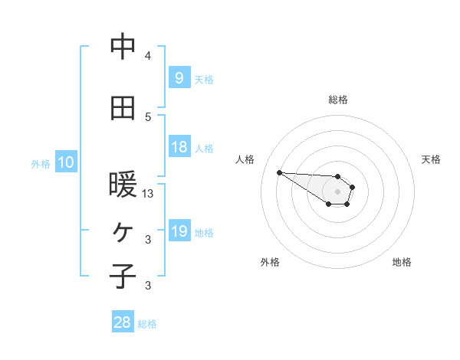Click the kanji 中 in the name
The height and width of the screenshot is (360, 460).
pos(123,47)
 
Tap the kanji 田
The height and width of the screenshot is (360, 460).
pos(123,108)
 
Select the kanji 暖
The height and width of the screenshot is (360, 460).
pos(123,185)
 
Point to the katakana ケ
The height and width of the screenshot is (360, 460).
pos(123,231)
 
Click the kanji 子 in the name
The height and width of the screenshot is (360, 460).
pos(123,275)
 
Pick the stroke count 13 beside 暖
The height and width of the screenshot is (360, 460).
pos(149,194)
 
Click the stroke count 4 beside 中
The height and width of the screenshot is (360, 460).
pos(148,56)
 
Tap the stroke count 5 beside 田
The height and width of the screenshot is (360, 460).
pos(148,116)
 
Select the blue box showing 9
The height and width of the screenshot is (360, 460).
pos(179,77)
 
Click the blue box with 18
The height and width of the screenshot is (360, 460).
pos(179,147)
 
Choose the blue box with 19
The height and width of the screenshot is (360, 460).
pos(179,231)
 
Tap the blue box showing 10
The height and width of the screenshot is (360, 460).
pos(65,162)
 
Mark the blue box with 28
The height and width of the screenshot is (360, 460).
pos(123,322)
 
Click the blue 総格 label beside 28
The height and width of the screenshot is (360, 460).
pos(147,324)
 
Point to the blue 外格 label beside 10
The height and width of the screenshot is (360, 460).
pos(40,163)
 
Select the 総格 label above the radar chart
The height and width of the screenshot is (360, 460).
pos(338,100)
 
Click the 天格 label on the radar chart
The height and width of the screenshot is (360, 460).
pos(431,159)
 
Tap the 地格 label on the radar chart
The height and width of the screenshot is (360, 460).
pos(402,262)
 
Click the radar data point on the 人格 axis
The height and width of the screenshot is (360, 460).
pos(279,172)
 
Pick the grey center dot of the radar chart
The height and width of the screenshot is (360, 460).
pos(338,191)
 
